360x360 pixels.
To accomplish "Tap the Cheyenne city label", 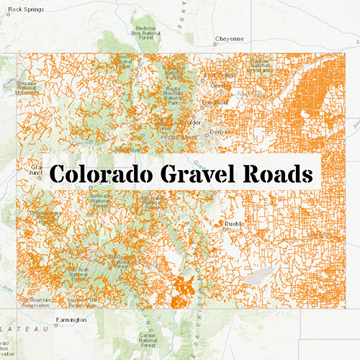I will pyautogui.click(x=230, y=40).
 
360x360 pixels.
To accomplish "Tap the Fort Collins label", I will pyautogui.click(x=220, y=76).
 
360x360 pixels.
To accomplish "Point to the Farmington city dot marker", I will pyautogui.click(x=54, y=320).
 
